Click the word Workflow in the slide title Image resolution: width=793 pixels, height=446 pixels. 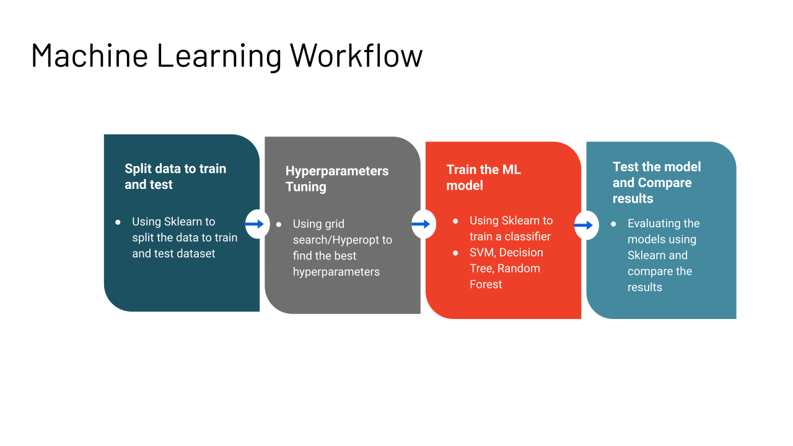click(356, 55)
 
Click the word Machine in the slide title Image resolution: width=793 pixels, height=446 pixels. click(89, 55)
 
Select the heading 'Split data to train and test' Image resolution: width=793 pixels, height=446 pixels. click(175, 177)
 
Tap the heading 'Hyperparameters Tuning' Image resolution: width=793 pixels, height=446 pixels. click(336, 179)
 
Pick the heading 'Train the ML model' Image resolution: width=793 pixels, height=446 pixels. click(483, 178)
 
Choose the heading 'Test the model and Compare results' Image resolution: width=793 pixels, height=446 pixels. click(656, 183)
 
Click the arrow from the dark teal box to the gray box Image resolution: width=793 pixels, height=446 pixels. click(256, 224)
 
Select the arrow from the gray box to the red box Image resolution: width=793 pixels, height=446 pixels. click(422, 224)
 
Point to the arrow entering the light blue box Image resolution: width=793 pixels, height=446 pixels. click(584, 225)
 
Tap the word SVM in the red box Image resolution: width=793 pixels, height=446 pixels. click(481, 252)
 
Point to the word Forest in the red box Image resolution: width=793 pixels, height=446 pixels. click(486, 284)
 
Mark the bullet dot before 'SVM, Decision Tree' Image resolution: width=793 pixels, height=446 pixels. click(456, 253)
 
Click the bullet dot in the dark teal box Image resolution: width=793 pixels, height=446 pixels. click(118, 222)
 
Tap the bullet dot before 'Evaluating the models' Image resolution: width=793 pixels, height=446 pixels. click(614, 224)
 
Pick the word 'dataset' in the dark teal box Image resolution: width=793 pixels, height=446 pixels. click(196, 253)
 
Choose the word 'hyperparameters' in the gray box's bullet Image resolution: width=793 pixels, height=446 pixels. click(336, 272)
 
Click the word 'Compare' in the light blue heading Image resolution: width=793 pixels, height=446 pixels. click(664, 183)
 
